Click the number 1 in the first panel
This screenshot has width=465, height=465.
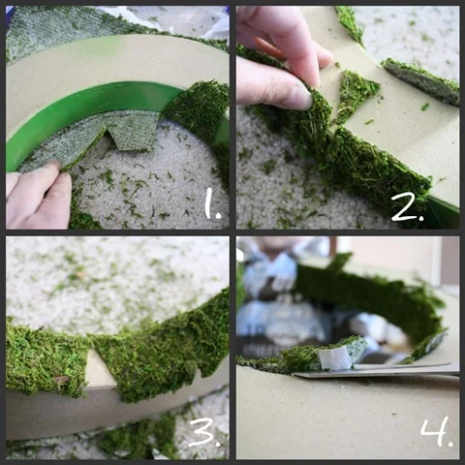212,204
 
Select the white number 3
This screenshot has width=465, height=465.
204,433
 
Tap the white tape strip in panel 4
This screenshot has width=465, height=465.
334,358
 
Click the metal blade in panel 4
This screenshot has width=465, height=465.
375,370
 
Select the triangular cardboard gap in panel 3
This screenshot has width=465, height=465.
100,368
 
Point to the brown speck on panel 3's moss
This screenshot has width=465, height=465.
62,379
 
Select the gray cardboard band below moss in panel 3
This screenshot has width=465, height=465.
97,410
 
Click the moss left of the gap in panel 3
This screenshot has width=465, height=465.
46,358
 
